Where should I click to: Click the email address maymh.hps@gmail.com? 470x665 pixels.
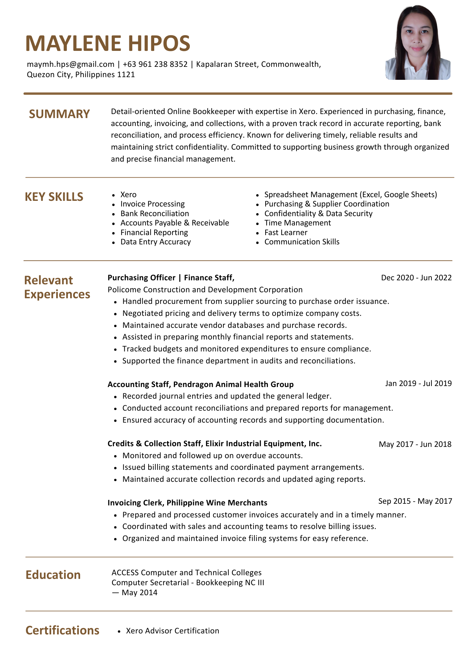[70, 64]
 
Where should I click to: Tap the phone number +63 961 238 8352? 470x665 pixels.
[155, 64]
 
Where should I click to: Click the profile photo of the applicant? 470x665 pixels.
[418, 43]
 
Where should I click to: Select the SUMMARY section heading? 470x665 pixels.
[59, 114]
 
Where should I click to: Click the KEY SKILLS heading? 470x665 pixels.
[54, 197]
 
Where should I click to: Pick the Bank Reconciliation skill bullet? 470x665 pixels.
[155, 213]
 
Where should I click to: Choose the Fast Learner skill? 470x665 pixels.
[286, 232]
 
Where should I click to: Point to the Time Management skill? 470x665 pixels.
[297, 223]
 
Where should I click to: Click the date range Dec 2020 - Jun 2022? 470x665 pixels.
[416, 278]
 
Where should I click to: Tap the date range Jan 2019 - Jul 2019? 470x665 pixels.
[418, 383]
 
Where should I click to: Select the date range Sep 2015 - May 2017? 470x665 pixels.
[415, 501]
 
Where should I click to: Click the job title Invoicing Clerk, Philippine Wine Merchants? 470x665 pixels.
[187, 503]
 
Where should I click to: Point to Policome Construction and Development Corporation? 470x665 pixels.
[205, 290]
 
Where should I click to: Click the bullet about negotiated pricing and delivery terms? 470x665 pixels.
[242, 313]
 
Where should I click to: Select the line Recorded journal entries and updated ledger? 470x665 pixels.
[227, 396]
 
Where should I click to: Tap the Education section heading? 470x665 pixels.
[53, 575]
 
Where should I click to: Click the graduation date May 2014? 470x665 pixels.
[140, 593]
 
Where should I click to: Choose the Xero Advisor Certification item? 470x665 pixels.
[173, 631]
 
